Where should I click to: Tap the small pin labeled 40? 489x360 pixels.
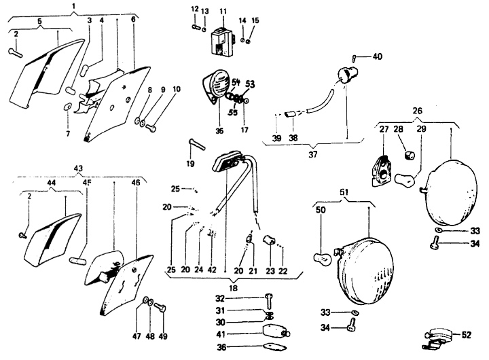tap(355, 56)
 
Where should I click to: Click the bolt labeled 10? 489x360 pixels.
tap(151, 127)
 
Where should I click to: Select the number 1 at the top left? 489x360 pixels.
tap(73, 6)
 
